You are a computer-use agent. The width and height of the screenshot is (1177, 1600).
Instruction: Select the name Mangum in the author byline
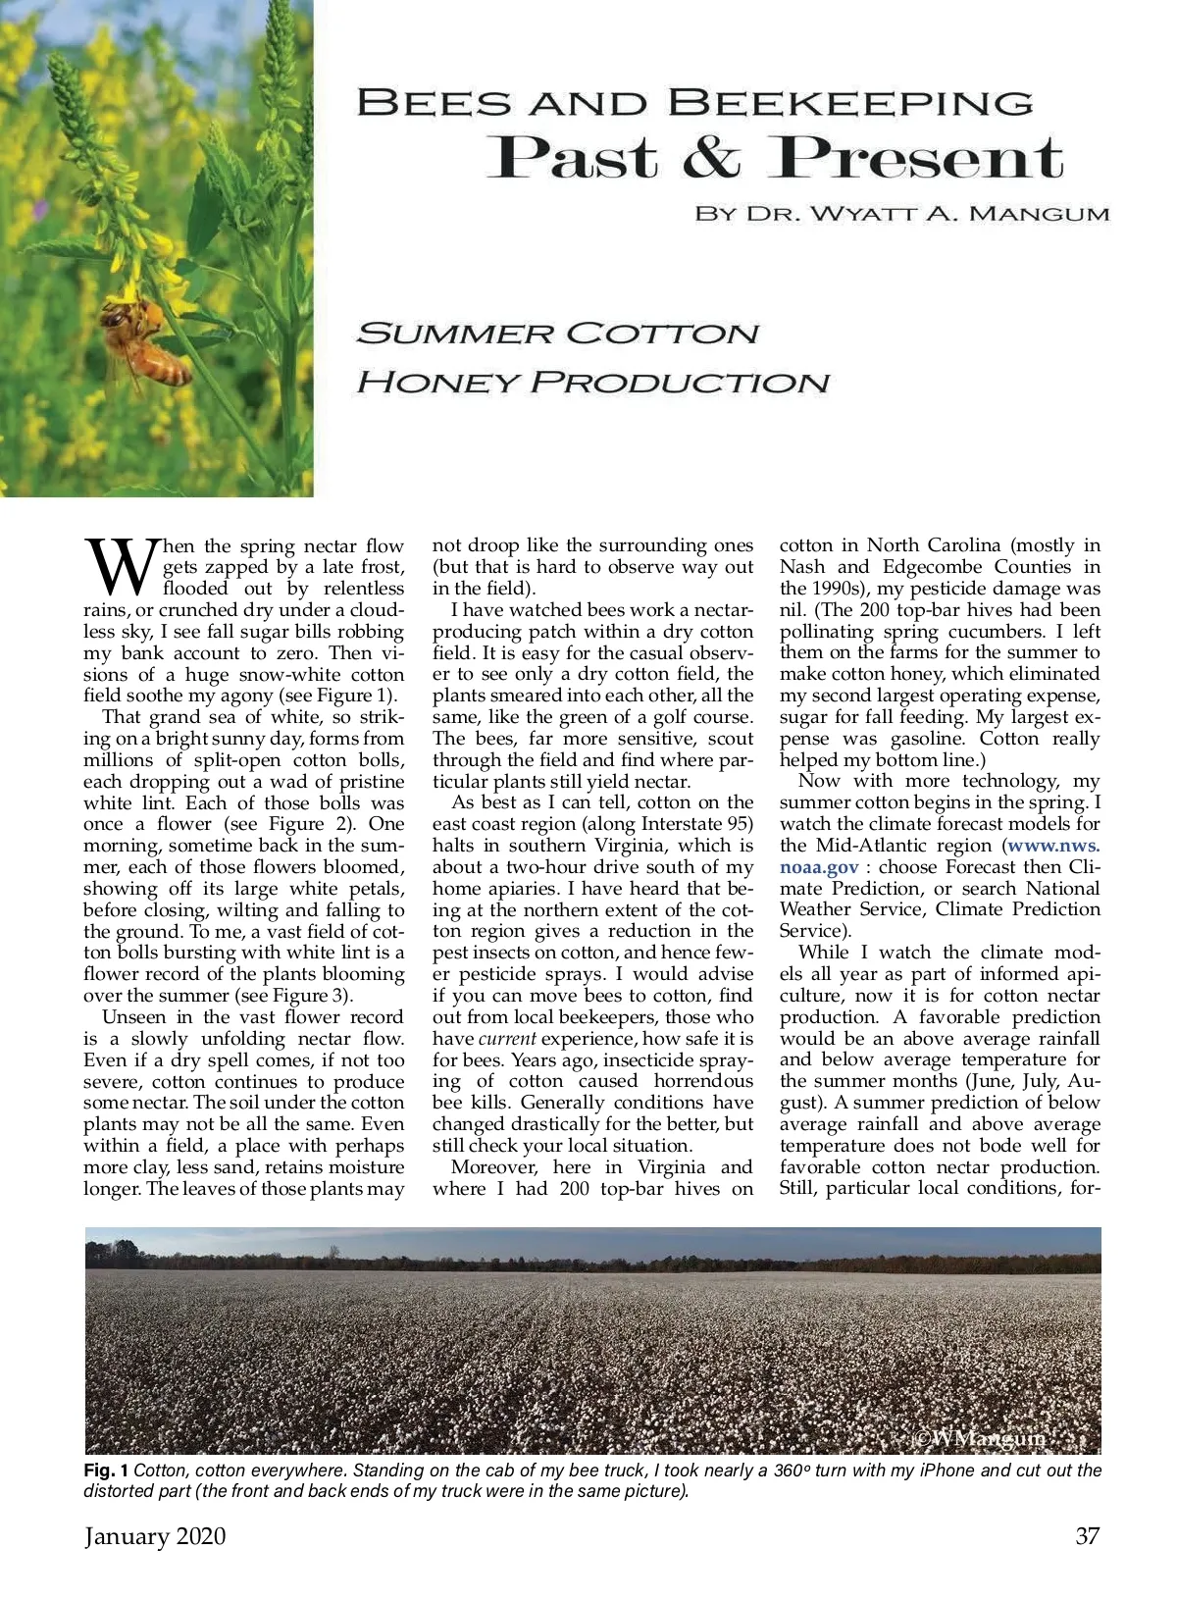point(1040,214)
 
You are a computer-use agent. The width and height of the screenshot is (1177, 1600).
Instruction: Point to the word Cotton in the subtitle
point(663,334)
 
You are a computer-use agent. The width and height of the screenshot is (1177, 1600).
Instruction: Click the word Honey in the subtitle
point(436,382)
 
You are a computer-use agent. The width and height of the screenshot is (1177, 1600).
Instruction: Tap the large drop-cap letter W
point(121,566)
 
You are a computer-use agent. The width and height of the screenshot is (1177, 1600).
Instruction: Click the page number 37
point(1088,1536)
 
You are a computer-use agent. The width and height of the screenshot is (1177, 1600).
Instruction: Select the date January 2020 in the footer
point(155,1536)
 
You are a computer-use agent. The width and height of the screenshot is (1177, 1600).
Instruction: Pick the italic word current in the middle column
point(507,1039)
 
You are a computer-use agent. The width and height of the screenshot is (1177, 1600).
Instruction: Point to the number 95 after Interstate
point(742,824)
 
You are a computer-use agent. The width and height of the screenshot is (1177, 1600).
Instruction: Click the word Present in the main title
point(916,158)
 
